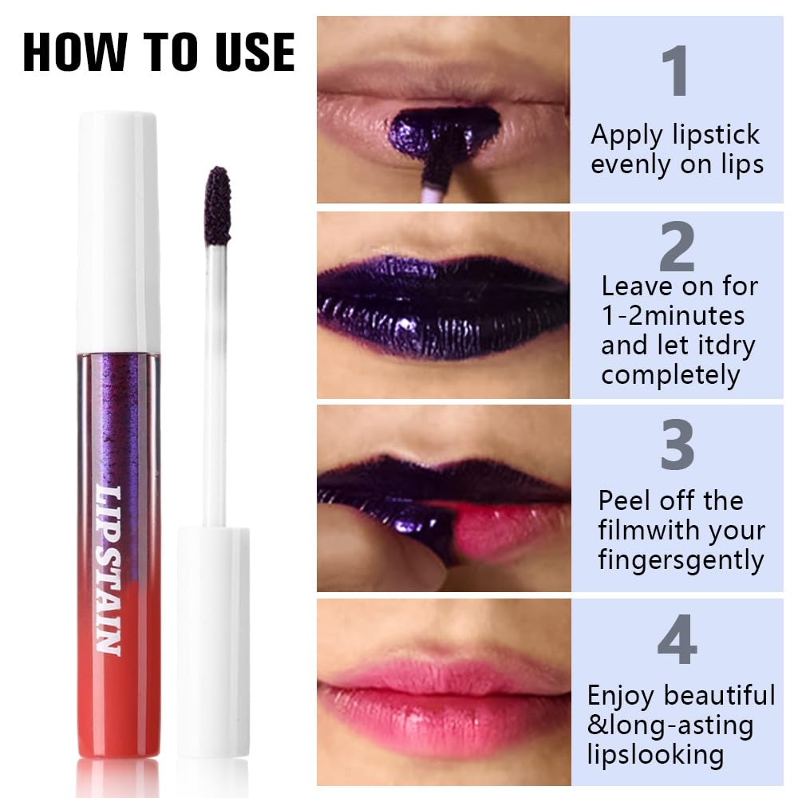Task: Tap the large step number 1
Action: coord(676,73)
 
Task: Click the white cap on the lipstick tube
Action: coord(117,231)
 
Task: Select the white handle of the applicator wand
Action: coord(213,638)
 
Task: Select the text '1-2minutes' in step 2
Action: coord(673,315)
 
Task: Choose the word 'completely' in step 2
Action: coord(671,375)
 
